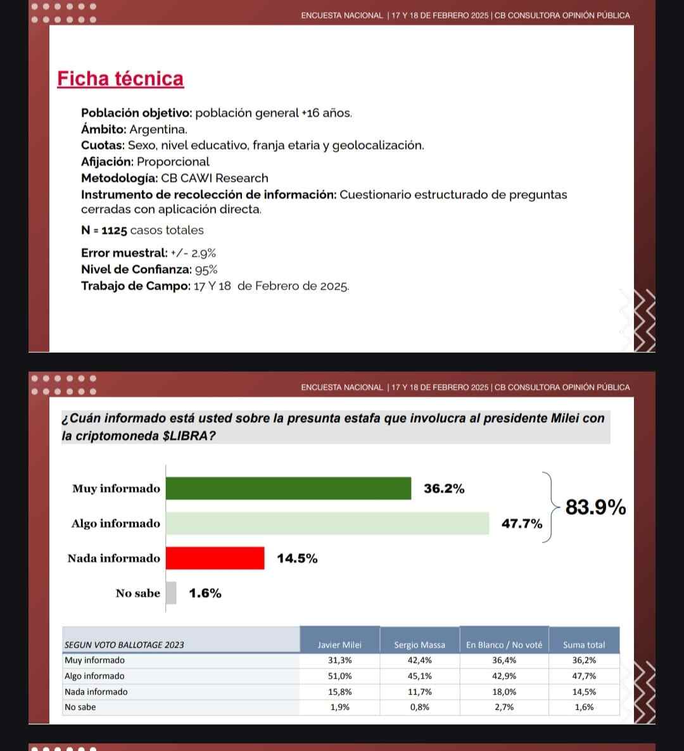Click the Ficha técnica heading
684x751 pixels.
click(x=120, y=79)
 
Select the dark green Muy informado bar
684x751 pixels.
click(x=288, y=488)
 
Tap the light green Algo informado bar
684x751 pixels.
click(x=327, y=523)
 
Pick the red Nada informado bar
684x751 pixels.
click(x=215, y=558)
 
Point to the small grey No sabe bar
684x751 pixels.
click(x=171, y=593)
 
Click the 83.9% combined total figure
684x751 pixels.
click(x=595, y=507)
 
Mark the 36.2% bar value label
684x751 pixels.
click(x=444, y=489)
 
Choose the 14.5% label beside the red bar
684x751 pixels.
click(x=297, y=559)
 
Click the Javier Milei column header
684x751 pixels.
click(x=339, y=645)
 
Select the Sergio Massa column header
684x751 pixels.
click(x=419, y=645)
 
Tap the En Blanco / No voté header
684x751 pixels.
click(x=504, y=645)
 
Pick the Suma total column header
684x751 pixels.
click(x=584, y=645)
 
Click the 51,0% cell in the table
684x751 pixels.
click(x=340, y=676)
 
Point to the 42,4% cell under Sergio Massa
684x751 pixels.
click(x=419, y=660)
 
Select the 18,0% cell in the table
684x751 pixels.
click(x=504, y=691)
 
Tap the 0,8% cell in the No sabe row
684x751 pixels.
click(x=419, y=707)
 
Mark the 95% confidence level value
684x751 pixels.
click(x=206, y=269)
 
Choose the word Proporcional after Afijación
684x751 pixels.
click(x=173, y=161)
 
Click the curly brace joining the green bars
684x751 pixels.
click(x=551, y=507)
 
